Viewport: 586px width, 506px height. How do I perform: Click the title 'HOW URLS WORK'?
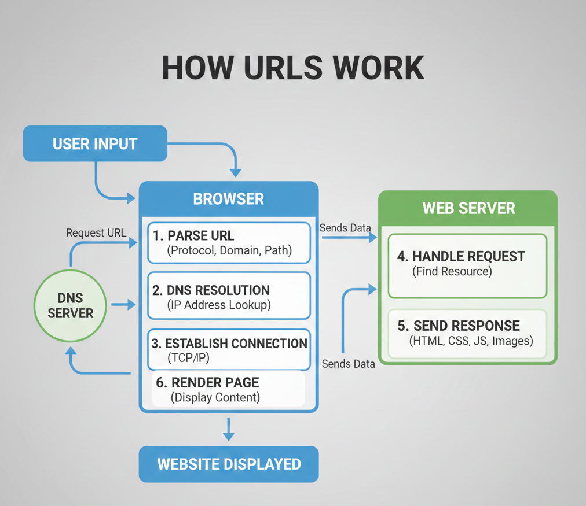[292, 68]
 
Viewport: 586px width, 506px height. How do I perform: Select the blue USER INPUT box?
[95, 143]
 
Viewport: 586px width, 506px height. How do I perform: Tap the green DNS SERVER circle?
[70, 306]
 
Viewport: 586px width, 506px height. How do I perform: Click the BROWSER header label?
[228, 199]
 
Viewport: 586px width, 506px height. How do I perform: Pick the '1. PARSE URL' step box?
[229, 243]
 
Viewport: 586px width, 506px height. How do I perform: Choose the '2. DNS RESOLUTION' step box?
[229, 297]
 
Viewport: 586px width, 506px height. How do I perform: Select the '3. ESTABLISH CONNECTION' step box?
[229, 350]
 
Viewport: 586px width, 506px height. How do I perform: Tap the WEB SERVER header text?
[468, 208]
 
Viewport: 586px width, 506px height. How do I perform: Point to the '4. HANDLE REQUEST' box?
[467, 265]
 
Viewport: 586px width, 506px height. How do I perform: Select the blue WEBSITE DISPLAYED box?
[229, 464]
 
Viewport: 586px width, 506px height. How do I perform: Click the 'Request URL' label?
[96, 233]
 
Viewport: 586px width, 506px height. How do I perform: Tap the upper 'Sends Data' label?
[345, 228]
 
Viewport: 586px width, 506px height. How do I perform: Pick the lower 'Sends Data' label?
[348, 364]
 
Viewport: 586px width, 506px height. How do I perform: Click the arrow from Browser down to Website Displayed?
[229, 429]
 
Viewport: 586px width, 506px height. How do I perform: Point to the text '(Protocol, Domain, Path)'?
[229, 251]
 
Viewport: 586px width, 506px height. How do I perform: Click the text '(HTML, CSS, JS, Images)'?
[470, 341]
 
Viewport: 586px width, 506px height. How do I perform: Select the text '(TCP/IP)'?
[188, 358]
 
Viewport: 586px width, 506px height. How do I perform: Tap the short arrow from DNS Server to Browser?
[123, 305]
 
